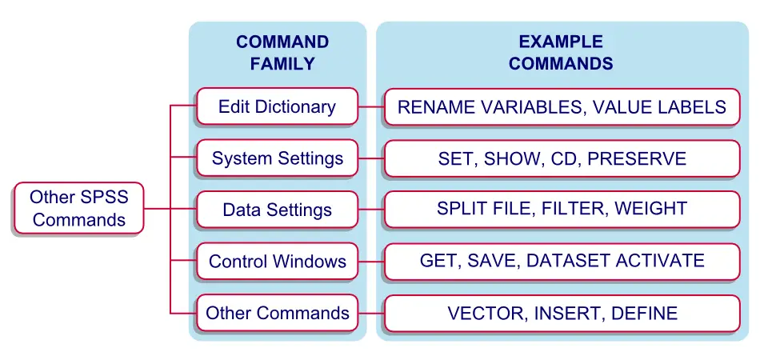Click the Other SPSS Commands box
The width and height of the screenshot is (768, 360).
(x=78, y=208)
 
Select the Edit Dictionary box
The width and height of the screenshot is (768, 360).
(x=278, y=106)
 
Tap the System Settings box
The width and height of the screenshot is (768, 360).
(x=278, y=158)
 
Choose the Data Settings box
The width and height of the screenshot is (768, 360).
(x=278, y=210)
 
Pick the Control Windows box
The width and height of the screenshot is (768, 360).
(x=278, y=261)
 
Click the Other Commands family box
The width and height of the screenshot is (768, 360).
(x=278, y=313)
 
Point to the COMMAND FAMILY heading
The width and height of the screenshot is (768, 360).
(x=282, y=53)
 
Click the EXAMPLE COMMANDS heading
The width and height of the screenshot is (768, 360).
(x=561, y=53)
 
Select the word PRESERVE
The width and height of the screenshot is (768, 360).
(x=637, y=158)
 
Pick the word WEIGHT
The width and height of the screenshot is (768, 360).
(x=651, y=208)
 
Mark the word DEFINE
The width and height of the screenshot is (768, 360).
(x=645, y=313)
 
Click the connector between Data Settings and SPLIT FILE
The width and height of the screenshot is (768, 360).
(x=371, y=210)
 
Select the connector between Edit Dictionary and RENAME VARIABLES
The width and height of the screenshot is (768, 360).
(x=371, y=106)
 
